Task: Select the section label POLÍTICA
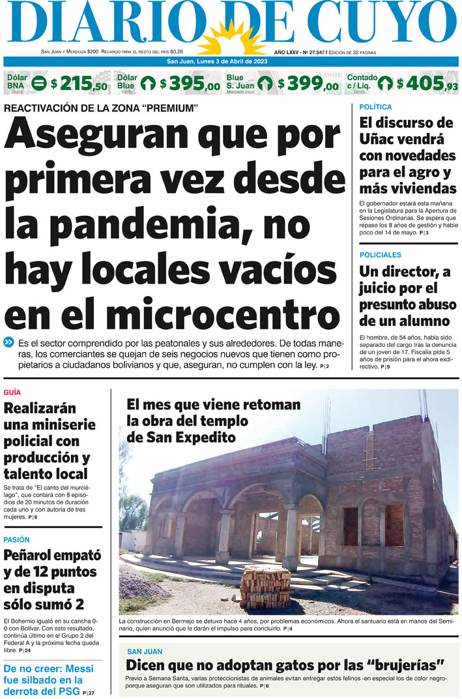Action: (x=376, y=107)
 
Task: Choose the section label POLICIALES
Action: (x=381, y=255)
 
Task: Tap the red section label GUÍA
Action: (x=12, y=393)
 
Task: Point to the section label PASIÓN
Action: (x=16, y=540)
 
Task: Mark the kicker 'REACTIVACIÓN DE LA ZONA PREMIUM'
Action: (x=101, y=108)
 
